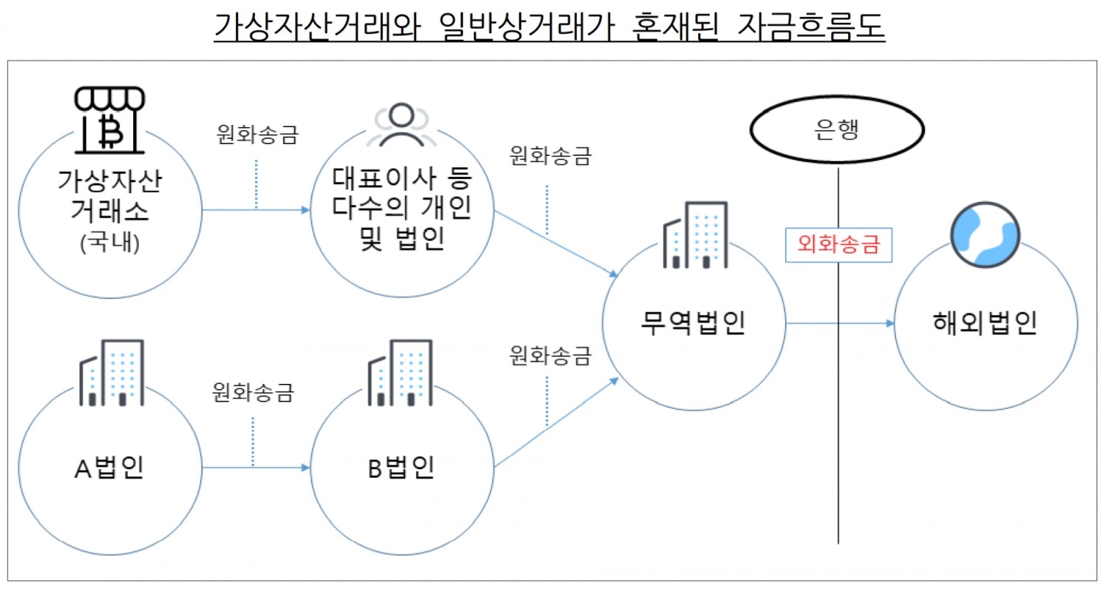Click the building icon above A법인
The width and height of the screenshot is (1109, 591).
click(112, 374)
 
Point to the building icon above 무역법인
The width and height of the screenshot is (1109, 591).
click(696, 235)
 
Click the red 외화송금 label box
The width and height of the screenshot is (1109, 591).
click(838, 244)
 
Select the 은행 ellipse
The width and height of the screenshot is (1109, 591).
click(838, 131)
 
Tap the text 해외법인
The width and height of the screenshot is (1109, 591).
click(984, 323)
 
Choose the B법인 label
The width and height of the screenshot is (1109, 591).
click(400, 467)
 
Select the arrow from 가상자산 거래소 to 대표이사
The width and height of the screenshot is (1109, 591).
click(256, 210)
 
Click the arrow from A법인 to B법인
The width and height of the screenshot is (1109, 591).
click(256, 467)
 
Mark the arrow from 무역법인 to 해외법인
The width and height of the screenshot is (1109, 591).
click(838, 323)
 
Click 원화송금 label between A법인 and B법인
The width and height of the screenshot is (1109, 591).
click(252, 391)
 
